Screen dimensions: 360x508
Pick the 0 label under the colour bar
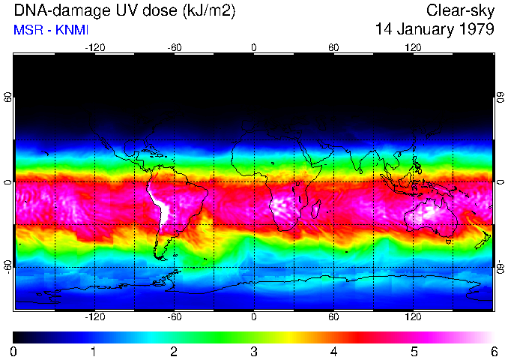(13, 351)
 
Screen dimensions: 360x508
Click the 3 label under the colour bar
(254, 351)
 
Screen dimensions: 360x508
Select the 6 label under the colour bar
(494, 351)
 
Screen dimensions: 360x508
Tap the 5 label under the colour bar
(414, 351)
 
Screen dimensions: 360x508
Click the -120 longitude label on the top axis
(94, 47)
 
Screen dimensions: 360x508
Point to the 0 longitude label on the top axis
(254, 47)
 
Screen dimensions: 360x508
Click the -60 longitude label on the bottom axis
(174, 317)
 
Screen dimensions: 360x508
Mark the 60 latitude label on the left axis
(7, 98)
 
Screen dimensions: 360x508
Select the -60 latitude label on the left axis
(7, 265)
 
